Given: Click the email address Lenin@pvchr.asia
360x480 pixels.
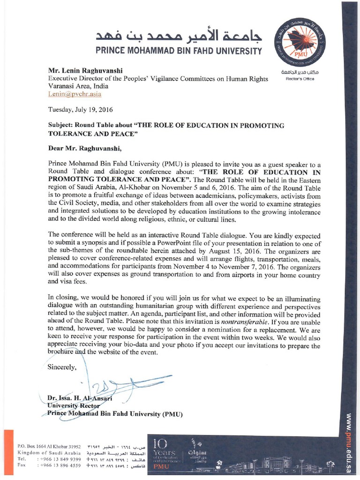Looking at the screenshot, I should [69, 94].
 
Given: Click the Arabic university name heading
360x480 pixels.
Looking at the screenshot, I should [179, 35].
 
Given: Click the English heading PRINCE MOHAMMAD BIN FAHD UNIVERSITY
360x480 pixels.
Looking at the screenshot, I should [179, 50].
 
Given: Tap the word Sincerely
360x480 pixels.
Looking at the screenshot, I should [61, 367].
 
